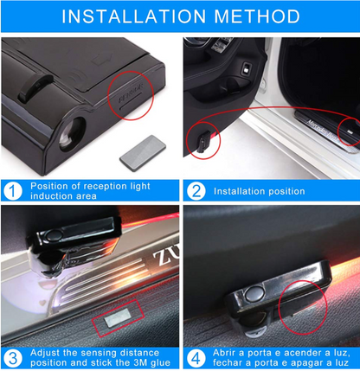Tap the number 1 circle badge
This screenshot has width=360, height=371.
[x=13, y=191]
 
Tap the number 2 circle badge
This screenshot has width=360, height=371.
[x=196, y=191]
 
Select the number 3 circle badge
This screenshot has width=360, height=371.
[x=13, y=356]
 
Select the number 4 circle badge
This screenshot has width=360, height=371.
[x=196, y=356]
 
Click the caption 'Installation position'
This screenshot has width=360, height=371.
[x=259, y=191]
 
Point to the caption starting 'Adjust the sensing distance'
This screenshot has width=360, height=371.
[x=100, y=356]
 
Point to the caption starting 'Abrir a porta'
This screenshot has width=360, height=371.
[x=281, y=356]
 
